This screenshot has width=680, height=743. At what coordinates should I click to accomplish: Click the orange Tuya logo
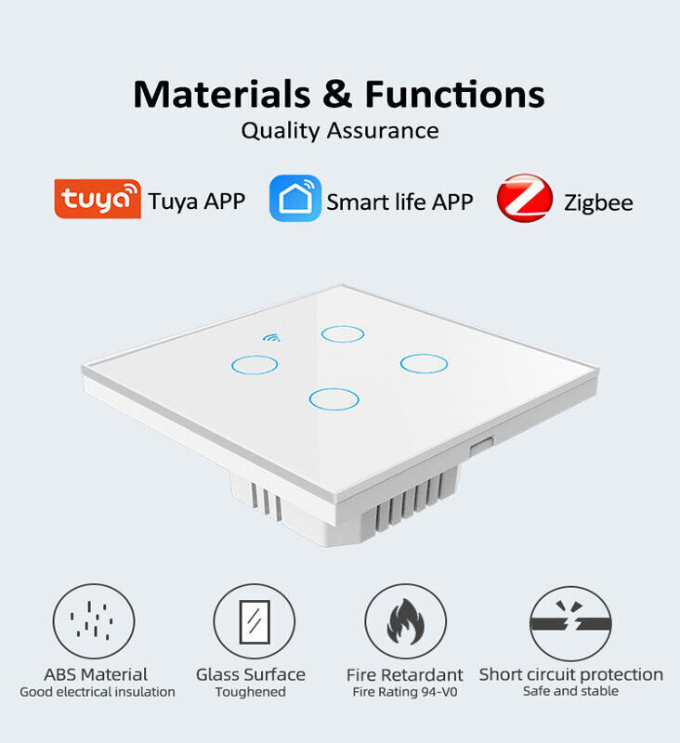tap(98, 199)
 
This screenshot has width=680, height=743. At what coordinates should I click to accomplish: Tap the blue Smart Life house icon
tap(295, 198)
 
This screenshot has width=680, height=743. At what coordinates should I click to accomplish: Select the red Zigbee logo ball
tap(525, 198)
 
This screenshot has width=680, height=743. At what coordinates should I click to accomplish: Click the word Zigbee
tap(598, 202)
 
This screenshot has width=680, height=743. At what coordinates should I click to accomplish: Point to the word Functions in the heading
tap(454, 95)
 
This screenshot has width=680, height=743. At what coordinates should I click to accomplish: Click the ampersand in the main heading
tap(337, 95)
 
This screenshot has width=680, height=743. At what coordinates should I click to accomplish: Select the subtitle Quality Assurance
tap(340, 131)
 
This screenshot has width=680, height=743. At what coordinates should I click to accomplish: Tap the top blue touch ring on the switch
tap(343, 326)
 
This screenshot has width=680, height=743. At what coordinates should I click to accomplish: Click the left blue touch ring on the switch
tap(255, 357)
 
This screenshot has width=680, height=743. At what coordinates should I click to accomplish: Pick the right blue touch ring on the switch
tap(424, 355)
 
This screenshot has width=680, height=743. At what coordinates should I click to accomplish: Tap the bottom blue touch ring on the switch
tap(334, 389)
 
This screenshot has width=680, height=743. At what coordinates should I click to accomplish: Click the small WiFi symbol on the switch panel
tap(271, 337)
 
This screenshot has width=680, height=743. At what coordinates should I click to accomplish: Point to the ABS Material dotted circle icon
tap(94, 584)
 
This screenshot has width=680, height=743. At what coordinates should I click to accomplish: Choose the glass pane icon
tap(255, 622)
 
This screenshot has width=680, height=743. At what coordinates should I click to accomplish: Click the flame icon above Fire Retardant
tap(406, 621)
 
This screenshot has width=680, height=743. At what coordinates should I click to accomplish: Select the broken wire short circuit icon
tap(570, 623)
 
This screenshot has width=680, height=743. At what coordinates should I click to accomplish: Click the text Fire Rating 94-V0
tap(405, 692)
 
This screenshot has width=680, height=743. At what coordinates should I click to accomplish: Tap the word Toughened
tap(251, 692)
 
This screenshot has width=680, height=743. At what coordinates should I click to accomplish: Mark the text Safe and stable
tap(570, 691)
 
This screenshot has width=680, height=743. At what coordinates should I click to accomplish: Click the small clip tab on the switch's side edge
tap(481, 447)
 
